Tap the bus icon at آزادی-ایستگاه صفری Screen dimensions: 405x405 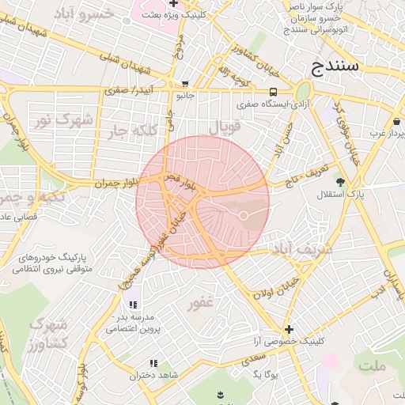pyautogui.click(x=273, y=91)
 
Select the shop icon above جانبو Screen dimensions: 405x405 pyautogui.click(x=185, y=84)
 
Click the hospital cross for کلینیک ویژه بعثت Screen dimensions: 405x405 pyautogui.click(x=173, y=4)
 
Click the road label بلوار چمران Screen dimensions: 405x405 pyautogui.click(x=115, y=183)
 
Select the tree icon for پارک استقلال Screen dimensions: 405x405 pyautogui.click(x=340, y=182)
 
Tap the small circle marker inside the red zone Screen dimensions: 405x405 pyautogui.click(x=244, y=215)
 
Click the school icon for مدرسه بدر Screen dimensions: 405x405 pyautogui.click(x=132, y=305)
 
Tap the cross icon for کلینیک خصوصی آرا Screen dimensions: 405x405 pyautogui.click(x=289, y=329)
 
